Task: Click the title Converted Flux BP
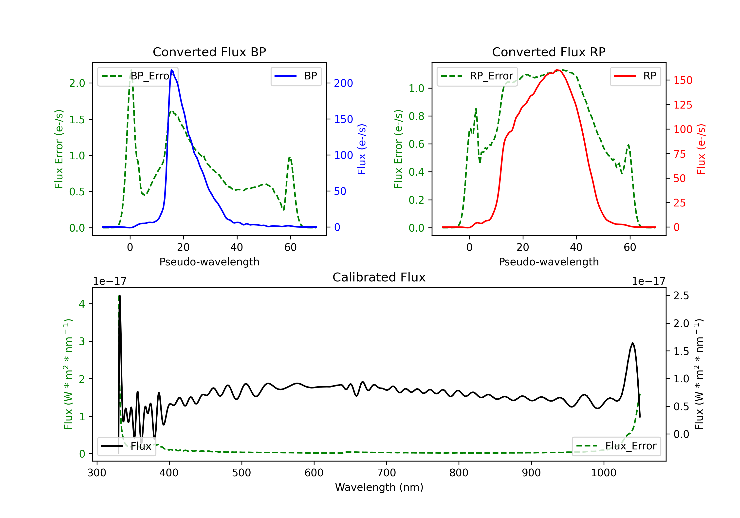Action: (x=209, y=52)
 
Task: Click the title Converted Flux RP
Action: (x=549, y=52)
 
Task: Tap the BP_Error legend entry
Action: (x=138, y=76)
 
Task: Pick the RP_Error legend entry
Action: (x=477, y=76)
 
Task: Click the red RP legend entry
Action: (x=635, y=76)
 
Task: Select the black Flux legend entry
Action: (x=127, y=446)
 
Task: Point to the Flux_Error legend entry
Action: (x=616, y=446)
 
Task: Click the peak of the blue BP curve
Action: (x=171, y=70)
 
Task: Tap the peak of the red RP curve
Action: (x=557, y=70)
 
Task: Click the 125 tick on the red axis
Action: (x=683, y=105)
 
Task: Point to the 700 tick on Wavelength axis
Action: (x=387, y=473)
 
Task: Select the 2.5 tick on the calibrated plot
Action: (x=681, y=296)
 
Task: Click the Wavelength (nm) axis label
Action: (x=379, y=487)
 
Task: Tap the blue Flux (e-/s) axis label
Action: (x=362, y=149)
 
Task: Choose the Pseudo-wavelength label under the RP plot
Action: (x=549, y=262)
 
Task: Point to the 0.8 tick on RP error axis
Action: (x=416, y=116)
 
